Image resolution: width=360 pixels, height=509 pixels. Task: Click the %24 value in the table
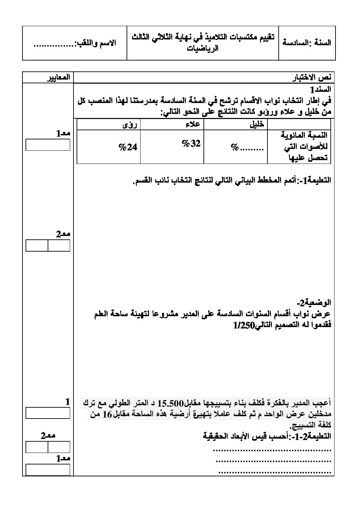click(128, 147)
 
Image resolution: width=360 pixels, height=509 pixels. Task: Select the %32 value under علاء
click(191, 144)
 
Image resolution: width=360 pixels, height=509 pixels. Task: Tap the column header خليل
click(257, 124)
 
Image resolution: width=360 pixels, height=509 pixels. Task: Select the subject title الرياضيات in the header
click(203, 48)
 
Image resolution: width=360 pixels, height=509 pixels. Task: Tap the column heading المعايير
click(58, 77)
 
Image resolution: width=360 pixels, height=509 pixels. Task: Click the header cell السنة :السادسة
click(307, 43)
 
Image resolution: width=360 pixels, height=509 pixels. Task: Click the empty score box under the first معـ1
click(48, 145)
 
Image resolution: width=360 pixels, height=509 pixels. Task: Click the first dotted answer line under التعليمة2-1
click(272, 450)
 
